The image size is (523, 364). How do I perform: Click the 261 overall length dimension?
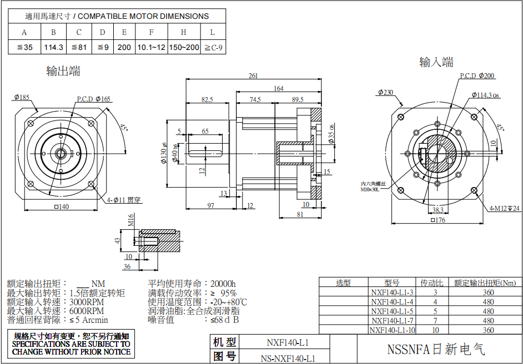[253, 76]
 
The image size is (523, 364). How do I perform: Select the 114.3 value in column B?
[53, 48]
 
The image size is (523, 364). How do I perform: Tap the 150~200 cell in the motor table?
[183, 48]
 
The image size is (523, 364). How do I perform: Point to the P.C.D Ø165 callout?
[94, 99]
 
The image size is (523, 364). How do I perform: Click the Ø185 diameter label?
[22, 98]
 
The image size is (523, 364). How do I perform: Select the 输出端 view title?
[63, 71]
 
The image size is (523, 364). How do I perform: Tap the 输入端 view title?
[436, 62]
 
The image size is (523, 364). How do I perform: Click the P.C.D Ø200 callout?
[477, 75]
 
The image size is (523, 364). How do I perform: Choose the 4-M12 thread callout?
[504, 209]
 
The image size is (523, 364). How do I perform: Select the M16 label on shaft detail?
[131, 223]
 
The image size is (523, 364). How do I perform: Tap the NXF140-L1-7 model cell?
[392, 320]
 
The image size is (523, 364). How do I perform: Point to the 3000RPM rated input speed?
[87, 302]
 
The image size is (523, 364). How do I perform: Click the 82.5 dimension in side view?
[207, 100]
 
